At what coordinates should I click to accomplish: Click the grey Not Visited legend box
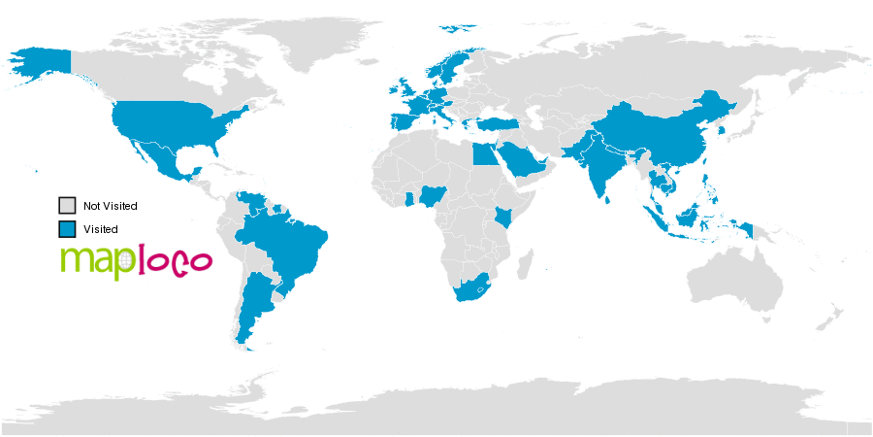67,206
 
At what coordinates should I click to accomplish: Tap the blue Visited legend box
67,229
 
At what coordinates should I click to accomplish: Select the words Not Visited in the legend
111,206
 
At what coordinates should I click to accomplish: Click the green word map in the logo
91,261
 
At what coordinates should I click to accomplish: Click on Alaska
39,63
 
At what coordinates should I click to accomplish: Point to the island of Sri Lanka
609,199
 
